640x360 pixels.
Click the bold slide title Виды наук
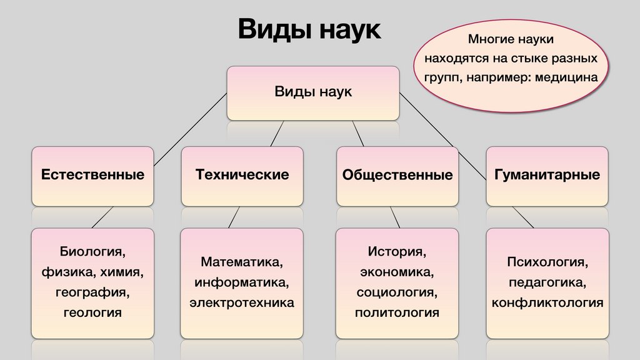tap(309, 30)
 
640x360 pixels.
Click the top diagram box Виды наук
tap(313, 92)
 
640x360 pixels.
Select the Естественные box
tap(92, 175)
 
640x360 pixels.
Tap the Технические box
tap(242, 175)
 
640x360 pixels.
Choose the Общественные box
tap(397, 176)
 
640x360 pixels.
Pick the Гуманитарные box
tap(547, 175)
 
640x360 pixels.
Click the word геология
tap(92, 312)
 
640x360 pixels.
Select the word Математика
tap(242, 262)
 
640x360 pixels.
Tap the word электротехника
tap(242, 302)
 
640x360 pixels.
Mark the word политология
tap(397, 312)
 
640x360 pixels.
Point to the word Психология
tap(547, 262)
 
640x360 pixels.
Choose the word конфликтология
tap(547, 302)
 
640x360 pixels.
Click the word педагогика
tap(547, 282)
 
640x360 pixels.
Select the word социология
tap(397, 292)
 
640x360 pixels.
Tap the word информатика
tap(242, 282)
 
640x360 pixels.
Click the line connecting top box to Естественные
tap(187, 131)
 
